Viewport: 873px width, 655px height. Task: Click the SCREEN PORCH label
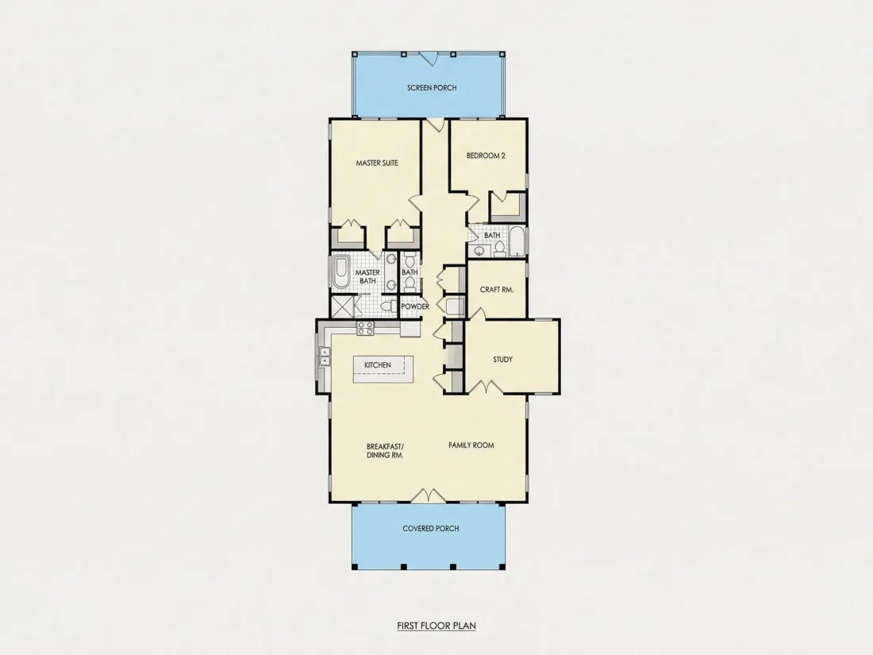(432, 87)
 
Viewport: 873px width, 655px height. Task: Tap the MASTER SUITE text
(377, 164)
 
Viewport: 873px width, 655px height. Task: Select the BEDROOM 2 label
(486, 156)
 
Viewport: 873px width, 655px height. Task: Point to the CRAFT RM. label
(497, 290)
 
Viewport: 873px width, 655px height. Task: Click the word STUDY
(502, 359)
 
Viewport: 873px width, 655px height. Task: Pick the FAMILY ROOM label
(471, 445)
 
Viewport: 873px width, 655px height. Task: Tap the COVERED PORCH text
(431, 528)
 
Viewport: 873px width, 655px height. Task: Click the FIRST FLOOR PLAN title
(436, 626)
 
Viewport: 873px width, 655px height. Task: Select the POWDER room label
(415, 306)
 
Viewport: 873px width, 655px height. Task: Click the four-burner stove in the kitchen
(365, 328)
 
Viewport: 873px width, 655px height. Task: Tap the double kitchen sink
(324, 357)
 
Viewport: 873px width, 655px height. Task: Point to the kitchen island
(383, 368)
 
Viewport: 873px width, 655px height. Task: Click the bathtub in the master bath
(340, 272)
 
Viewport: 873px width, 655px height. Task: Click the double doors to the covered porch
(428, 495)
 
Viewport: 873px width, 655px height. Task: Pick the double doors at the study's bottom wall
(486, 387)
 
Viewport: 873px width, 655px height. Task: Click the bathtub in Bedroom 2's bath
(517, 241)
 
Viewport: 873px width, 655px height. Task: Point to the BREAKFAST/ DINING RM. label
(385, 451)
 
